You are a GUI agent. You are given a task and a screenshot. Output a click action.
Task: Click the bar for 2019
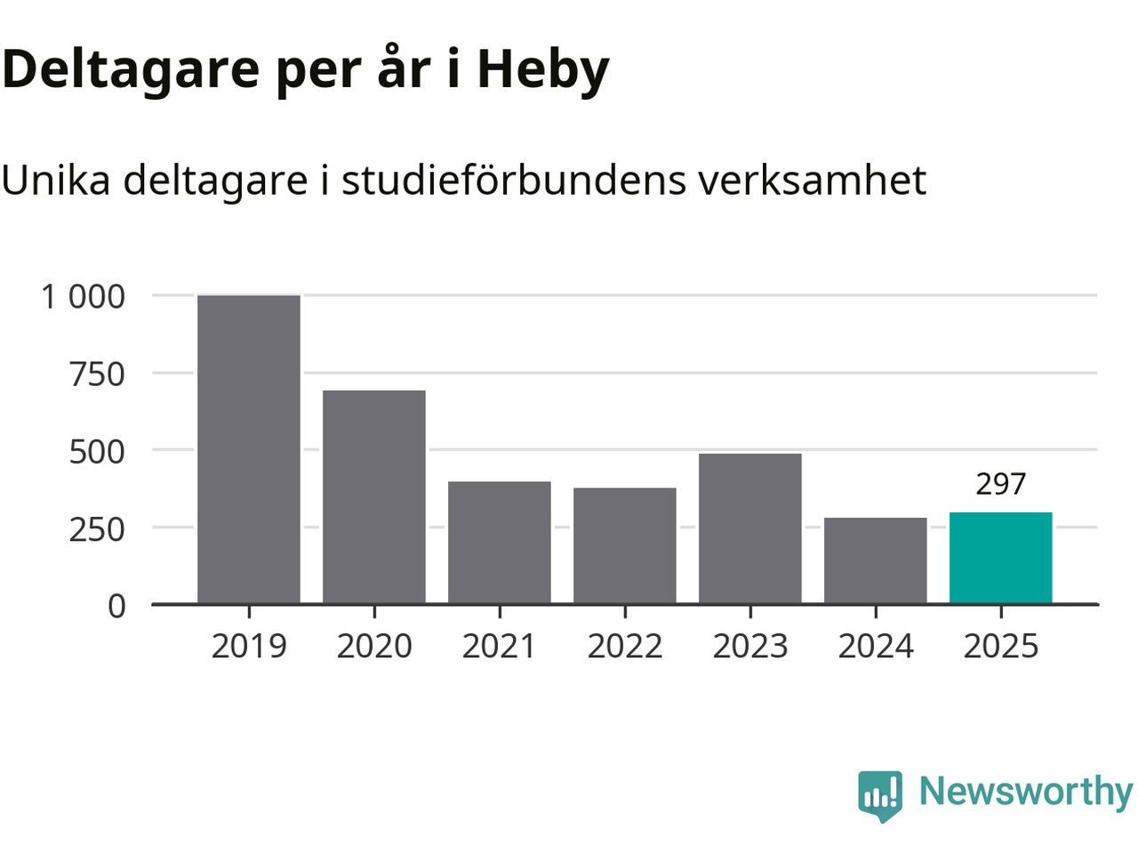249,449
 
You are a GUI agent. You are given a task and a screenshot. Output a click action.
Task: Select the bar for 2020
374,497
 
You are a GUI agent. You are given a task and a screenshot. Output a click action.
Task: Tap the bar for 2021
500,543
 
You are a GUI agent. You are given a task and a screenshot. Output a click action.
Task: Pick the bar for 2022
625,546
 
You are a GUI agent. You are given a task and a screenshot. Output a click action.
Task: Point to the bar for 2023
750,529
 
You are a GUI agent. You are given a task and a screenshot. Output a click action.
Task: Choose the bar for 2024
876,561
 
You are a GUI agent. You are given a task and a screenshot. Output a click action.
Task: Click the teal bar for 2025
1001,559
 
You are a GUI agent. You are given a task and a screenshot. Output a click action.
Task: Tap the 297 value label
1001,484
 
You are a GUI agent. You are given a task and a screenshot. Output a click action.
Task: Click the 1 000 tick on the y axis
84,296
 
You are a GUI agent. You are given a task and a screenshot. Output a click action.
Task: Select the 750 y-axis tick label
97,374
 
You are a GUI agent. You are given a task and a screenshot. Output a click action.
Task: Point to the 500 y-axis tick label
97,451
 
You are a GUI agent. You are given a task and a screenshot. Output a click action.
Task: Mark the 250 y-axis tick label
97,528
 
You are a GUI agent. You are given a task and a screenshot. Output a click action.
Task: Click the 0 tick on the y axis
116,606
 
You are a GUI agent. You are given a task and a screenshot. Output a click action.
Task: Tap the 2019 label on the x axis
249,646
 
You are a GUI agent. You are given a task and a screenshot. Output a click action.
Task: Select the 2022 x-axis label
625,646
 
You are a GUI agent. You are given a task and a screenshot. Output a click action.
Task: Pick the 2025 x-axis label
1001,646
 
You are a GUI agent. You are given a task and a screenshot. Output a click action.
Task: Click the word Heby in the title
543,69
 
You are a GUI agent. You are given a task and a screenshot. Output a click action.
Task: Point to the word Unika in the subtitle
56,180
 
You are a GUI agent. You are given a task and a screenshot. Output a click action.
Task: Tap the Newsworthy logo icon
880,794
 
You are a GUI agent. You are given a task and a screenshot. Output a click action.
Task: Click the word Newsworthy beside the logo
1025,791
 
